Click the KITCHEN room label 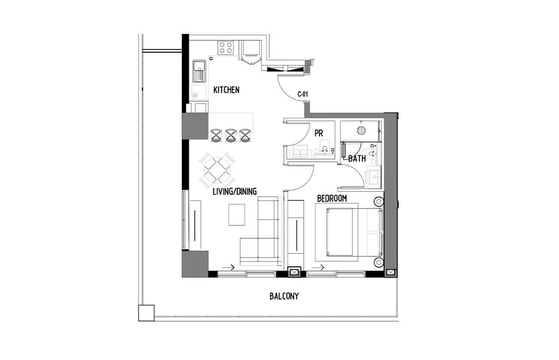pos(226,90)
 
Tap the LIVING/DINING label pos(235,191)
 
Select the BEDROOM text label pos(332,198)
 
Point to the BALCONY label pos(284,296)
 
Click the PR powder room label pos(319,133)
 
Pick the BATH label pos(357,159)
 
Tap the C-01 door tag pos(303,95)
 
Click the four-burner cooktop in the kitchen pos(226,48)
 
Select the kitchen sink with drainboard pos(199,71)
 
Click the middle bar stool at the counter pos(231,136)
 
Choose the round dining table pos(217,170)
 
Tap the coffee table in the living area pos(237,215)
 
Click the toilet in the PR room pos(324,147)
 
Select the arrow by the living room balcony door pos(228,267)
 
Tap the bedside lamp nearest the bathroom pos(378,202)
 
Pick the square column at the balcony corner pos(146,313)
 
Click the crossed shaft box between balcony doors pos(294,272)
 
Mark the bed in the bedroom pos(354,232)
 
